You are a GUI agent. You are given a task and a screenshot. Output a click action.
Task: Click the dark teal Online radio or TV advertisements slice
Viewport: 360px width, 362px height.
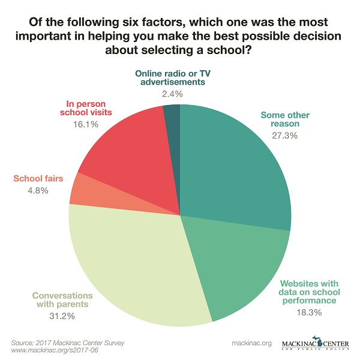click(x=172, y=114)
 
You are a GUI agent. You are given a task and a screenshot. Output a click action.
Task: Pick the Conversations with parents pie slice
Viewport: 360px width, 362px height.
click(x=132, y=264)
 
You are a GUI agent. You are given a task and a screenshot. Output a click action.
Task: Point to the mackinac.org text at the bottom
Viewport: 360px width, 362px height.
click(x=251, y=343)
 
